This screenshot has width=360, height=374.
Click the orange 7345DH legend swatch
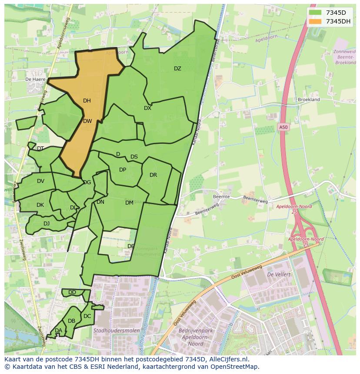[315, 21]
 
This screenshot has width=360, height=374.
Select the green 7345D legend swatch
[315, 13]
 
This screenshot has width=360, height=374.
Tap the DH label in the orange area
[87, 101]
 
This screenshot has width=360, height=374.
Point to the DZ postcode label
[177, 69]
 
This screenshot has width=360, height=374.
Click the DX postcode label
[148, 108]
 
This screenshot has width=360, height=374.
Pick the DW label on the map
[87, 121]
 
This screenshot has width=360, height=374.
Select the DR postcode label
[153, 175]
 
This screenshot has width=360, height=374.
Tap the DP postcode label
[123, 170]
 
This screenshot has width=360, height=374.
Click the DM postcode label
[129, 203]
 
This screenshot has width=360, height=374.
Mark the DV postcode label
[40, 181]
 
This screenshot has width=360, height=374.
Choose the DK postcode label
[40, 205]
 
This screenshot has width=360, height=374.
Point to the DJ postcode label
[47, 224]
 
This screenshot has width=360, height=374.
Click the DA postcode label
[58, 331]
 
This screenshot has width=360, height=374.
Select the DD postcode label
[72, 292]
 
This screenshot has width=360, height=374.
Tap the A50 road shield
[283, 127]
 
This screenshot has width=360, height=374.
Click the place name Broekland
[309, 99]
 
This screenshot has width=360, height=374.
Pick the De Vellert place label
[279, 275]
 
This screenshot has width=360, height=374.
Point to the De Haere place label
[35, 79]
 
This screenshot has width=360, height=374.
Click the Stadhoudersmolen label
[117, 331]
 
